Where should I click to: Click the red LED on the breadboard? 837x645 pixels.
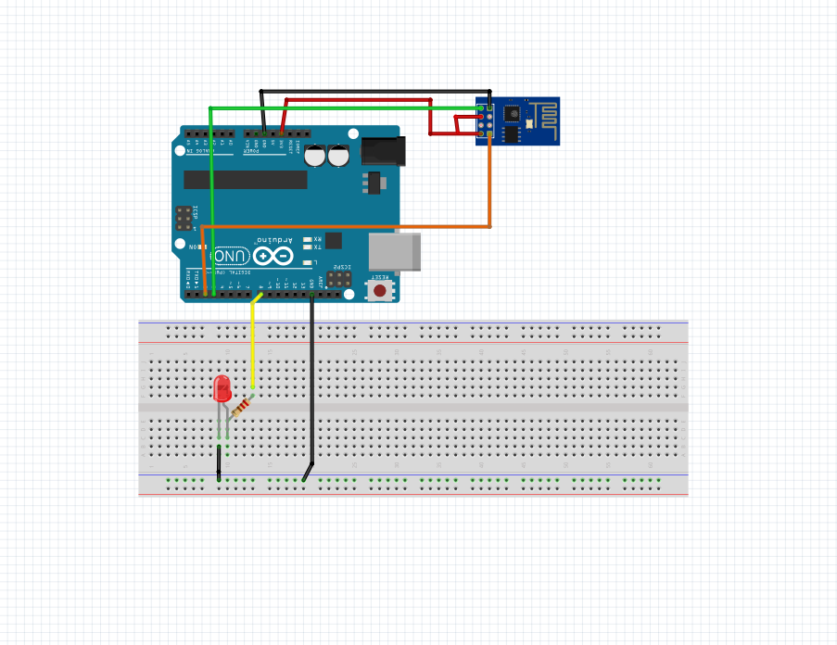tap(222, 388)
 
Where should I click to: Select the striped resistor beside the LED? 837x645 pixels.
tap(241, 407)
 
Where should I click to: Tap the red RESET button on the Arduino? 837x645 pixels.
tap(379, 290)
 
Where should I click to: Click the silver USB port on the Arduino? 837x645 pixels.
tap(395, 252)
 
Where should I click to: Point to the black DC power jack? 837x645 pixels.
tap(382, 151)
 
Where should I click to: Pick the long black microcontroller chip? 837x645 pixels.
tap(245, 179)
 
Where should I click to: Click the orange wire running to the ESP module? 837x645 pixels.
tap(371, 226)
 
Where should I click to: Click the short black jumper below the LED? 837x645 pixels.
tap(219, 462)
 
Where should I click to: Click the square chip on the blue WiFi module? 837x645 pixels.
tap(511, 114)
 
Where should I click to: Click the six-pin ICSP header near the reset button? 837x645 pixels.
tap(338, 277)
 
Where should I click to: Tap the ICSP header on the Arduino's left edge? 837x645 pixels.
tap(184, 218)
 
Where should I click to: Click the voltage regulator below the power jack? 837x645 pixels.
tap(374, 183)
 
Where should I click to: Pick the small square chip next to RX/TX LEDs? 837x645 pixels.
tap(333, 241)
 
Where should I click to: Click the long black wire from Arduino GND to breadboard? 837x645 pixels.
tap(312, 380)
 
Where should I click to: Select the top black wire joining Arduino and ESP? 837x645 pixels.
tap(371, 91)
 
